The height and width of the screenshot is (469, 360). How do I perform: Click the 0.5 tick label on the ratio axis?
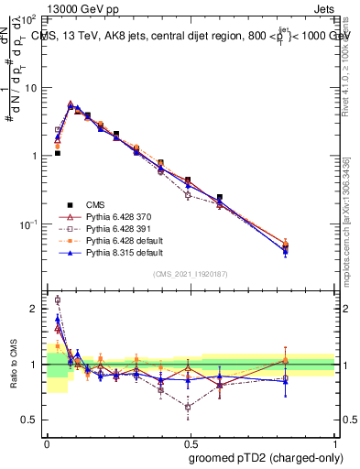(33, 420)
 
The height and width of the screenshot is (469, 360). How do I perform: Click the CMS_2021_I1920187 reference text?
(191, 273)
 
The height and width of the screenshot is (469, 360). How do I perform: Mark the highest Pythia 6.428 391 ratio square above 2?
(58, 300)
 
